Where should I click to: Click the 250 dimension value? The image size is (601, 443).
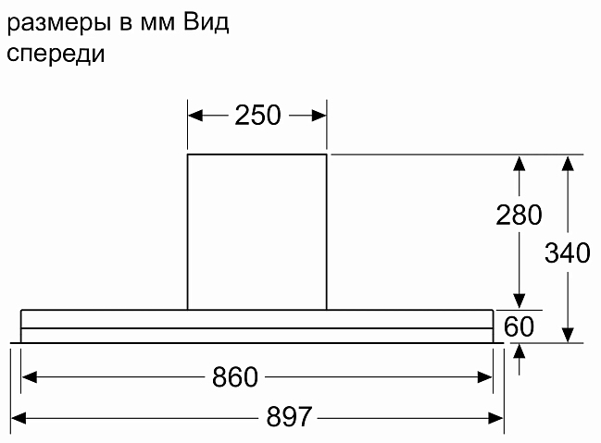click(257, 115)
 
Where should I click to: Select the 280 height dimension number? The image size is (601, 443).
click(519, 215)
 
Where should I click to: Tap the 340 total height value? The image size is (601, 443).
click(568, 252)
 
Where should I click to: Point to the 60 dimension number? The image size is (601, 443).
click(519, 326)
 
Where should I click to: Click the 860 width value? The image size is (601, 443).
click(235, 376)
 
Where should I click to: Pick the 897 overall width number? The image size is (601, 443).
click(289, 416)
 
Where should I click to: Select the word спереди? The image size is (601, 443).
click(56, 54)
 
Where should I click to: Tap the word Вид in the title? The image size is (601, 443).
click(206, 22)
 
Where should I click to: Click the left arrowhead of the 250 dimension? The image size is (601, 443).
click(195, 116)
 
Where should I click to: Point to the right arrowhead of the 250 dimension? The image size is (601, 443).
click(319, 116)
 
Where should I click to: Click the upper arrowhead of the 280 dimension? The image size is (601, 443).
click(519, 163)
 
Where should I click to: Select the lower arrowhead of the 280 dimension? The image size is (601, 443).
click(519, 301)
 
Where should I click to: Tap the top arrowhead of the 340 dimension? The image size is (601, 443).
click(568, 163)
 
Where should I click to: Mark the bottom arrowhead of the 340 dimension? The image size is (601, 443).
click(568, 335)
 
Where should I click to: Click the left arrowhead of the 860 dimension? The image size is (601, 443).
click(29, 377)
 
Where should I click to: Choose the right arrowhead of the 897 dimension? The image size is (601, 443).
click(495, 418)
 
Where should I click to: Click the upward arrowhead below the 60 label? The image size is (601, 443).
click(519, 351)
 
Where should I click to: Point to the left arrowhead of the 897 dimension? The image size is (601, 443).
click(19, 418)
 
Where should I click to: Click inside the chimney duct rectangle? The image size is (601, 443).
click(257, 232)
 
